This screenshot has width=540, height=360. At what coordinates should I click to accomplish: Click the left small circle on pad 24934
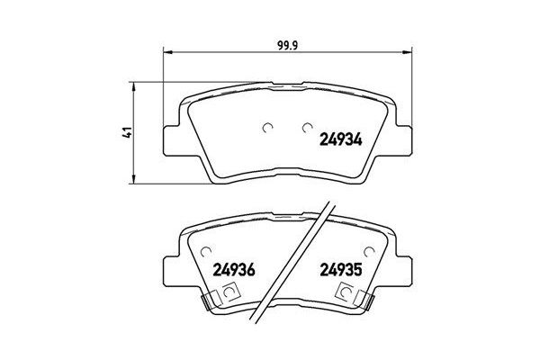(x=266, y=126)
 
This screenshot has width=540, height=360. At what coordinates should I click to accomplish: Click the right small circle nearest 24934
(x=307, y=126)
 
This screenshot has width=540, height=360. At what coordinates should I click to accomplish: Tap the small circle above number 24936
(x=206, y=251)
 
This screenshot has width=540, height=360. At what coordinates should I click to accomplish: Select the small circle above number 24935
(x=368, y=251)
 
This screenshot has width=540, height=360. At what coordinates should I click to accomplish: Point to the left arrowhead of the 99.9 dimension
(x=165, y=53)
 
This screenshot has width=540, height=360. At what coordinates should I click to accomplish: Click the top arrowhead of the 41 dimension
(x=135, y=86)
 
